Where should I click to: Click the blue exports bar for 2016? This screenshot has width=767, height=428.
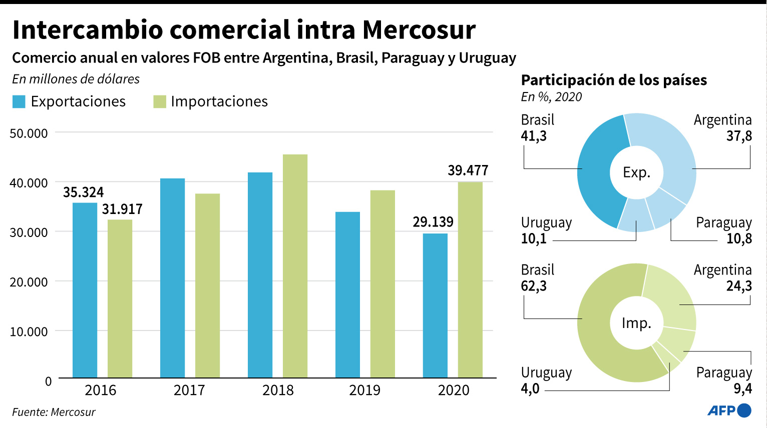(85, 290)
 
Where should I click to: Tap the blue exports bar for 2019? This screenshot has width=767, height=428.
(347, 294)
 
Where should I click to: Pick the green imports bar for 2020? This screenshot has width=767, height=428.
(470, 279)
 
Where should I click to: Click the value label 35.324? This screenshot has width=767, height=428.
(83, 192)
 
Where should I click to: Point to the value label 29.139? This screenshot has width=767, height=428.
(433, 222)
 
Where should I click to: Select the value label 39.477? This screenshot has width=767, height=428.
(468, 170)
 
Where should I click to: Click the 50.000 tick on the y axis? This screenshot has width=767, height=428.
(29, 133)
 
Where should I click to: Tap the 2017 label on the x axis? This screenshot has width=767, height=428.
(189, 390)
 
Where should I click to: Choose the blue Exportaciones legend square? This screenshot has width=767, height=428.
(19, 101)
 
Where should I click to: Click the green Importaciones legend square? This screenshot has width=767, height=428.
(160, 101)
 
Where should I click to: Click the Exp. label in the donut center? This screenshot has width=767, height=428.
(636, 172)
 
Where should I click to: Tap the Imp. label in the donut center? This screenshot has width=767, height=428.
(636, 323)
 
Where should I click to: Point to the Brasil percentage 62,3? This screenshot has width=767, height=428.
(534, 286)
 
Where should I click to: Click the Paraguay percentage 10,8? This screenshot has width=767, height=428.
(739, 238)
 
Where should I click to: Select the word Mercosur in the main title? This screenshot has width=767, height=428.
(419, 30)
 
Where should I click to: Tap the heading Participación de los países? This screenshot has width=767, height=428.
(614, 80)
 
